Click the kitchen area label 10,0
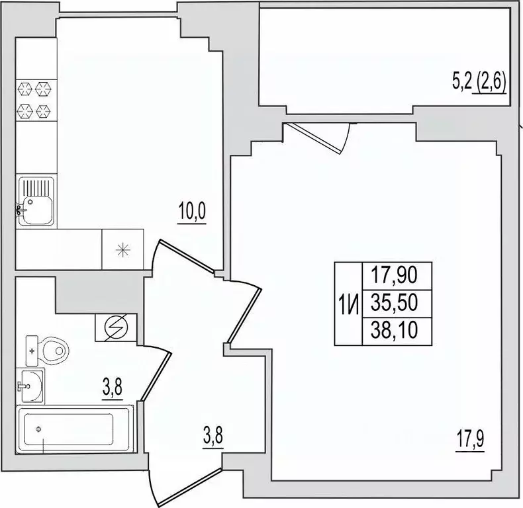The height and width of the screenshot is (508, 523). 192,211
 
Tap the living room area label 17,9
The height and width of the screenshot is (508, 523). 470,440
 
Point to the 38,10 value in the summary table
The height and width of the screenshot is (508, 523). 395,331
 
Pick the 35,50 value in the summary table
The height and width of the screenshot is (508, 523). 395,303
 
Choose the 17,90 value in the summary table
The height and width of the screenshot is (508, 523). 395,275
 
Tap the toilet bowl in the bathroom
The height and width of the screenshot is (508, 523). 54,350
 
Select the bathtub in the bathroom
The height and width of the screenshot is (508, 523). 75,429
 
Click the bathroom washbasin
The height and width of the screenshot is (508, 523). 30,386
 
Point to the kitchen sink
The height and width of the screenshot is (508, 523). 35,201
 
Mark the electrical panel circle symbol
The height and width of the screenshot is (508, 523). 116,327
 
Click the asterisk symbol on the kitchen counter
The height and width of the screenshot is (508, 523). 122,250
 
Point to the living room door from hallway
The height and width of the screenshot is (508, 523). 244,315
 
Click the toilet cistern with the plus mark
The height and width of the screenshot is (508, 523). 32,351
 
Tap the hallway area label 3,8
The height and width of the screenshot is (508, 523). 213,437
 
